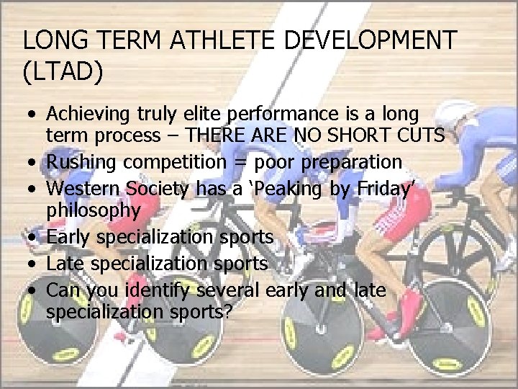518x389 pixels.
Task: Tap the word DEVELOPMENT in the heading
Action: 371,40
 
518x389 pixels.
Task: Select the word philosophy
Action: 94,210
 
